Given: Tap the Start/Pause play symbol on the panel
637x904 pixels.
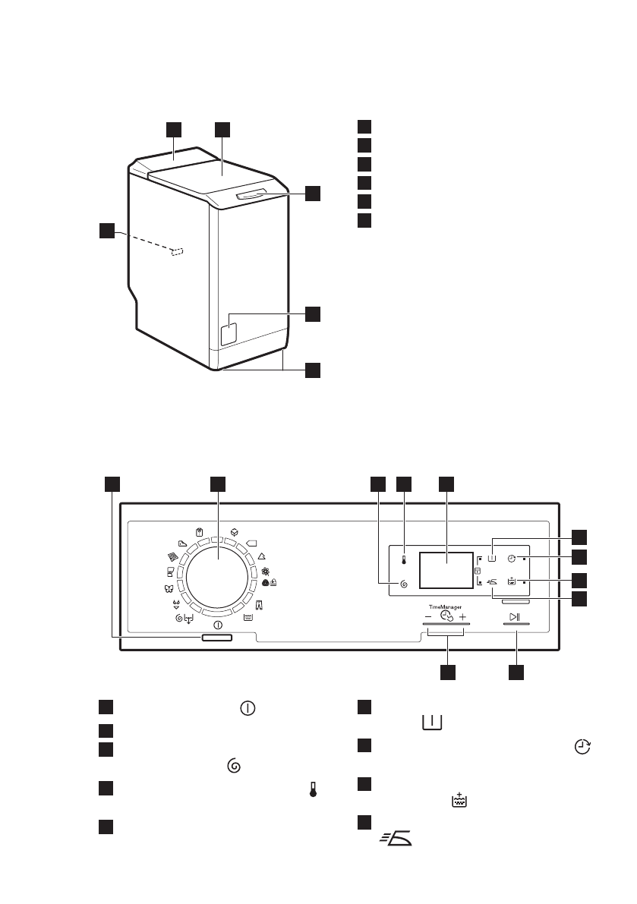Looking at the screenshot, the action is click(515, 617).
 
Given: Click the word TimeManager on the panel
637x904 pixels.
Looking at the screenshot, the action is click(445, 607).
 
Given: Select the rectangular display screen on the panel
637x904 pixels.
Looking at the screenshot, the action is click(446, 569).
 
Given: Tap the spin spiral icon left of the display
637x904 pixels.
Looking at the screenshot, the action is click(403, 584).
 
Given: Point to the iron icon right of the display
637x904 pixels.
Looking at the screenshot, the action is click(492, 582).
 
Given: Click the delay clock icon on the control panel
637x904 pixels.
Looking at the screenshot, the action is click(511, 558).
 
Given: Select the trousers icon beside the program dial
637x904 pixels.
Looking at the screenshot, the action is click(259, 606).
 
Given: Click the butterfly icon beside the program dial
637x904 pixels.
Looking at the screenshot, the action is click(169, 589).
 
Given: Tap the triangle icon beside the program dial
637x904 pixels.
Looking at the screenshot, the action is click(262, 556).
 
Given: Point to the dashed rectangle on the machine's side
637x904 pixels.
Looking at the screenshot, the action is click(178, 252).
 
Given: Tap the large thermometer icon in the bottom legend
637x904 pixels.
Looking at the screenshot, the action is click(313, 789).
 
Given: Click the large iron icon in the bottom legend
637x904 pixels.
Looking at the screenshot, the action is click(396, 838).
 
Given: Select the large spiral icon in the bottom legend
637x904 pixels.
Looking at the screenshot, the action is click(234, 766).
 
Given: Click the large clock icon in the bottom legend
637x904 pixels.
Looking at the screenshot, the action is click(582, 747).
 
